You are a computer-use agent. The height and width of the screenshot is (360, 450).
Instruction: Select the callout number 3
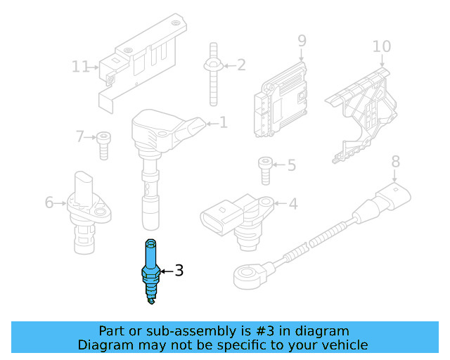tap(179, 270)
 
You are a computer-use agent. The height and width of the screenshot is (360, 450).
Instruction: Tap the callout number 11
tap(81, 67)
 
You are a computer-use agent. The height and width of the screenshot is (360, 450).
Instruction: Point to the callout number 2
tap(241, 65)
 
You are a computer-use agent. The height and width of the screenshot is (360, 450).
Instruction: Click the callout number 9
tap(302, 40)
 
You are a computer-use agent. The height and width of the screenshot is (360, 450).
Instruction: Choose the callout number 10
tap(381, 46)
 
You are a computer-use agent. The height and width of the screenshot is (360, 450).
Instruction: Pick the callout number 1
tap(224, 123)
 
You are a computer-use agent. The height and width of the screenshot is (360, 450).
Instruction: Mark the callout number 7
tap(79, 136)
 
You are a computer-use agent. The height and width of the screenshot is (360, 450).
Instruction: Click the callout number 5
tap(291, 166)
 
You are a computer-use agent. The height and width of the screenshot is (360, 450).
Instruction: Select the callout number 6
tap(49, 202)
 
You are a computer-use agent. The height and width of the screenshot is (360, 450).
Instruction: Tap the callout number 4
tap(292, 204)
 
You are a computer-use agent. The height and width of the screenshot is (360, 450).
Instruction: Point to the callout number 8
tap(395, 161)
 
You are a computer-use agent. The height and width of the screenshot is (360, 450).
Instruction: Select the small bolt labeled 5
tap(264, 169)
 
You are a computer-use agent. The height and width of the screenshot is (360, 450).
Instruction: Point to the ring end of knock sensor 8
tap(248, 273)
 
